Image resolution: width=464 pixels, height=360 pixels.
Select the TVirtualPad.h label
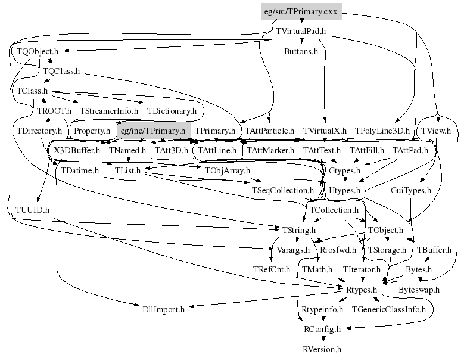tap(301, 31)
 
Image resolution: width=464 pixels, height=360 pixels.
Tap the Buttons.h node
tap(301, 51)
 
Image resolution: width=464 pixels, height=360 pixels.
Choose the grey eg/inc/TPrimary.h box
tap(152, 130)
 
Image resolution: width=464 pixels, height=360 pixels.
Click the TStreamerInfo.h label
tap(108, 111)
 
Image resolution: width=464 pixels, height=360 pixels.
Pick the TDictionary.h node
tap(172, 111)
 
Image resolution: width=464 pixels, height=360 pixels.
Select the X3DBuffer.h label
tap(77, 150)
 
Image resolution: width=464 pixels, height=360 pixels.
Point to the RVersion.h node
tap(322, 349)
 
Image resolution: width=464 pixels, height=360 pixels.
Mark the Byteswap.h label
tap(418, 290)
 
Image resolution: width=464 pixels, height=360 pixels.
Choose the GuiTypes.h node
tap(411, 190)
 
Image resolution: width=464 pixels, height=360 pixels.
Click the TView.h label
tap(436, 130)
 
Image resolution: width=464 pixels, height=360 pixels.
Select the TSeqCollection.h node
tap(282, 190)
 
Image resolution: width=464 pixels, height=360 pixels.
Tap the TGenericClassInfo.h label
tap(389, 309)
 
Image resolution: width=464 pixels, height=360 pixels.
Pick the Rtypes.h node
tap(362, 290)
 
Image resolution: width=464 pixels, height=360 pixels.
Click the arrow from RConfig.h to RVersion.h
tap(322, 339)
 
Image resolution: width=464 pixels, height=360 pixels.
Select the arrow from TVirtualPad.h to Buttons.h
tap(301, 41)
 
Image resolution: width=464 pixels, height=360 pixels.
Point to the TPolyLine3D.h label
tap(382, 130)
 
